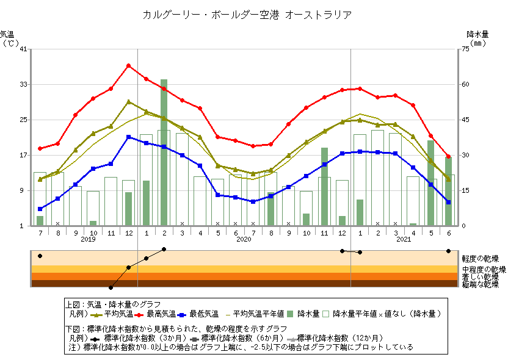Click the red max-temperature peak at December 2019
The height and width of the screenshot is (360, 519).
pyautogui.click(x=128, y=65)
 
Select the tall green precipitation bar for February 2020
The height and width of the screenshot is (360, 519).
pyautogui.click(x=164, y=153)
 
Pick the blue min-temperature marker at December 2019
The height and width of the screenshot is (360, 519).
pyautogui.click(x=128, y=137)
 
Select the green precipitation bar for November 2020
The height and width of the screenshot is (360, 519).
pyautogui.click(x=324, y=186)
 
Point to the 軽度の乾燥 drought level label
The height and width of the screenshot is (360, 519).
pyautogui.click(x=480, y=258)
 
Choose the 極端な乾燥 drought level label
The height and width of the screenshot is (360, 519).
pyautogui.click(x=480, y=284)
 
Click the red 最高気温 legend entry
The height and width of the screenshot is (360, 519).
pyautogui.click(x=159, y=314)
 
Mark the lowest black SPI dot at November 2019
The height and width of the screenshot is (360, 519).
pyautogui.click(x=111, y=287)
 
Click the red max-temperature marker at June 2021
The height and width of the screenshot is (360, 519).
pyautogui.click(x=448, y=157)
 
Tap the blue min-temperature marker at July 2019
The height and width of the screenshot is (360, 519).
pyautogui.click(x=40, y=209)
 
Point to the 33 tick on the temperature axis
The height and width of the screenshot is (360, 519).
pyautogui.click(x=23, y=84)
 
